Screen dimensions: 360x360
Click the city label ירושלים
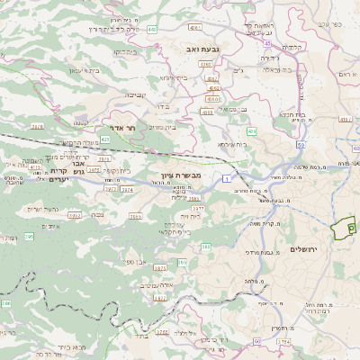pyautogui.click(x=307, y=247)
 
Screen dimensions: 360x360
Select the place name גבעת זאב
pyautogui.click(x=203, y=48)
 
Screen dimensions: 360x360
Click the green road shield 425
pyautogui.click(x=106, y=139)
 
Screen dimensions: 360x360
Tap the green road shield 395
pyautogui.click(x=29, y=236)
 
